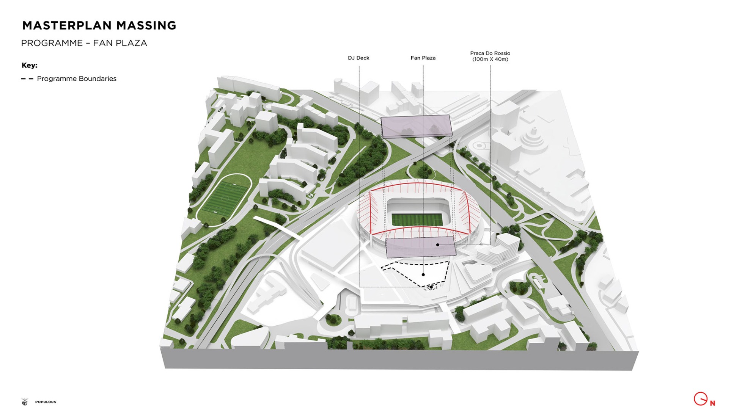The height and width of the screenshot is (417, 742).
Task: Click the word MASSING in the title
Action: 146,25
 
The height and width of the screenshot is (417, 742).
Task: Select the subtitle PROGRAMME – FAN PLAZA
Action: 84,43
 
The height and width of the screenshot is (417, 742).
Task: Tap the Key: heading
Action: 30,65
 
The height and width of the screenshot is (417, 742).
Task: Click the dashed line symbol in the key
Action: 27,79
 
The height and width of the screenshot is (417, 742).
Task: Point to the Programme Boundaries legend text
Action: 77,79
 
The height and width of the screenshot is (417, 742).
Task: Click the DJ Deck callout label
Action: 358,58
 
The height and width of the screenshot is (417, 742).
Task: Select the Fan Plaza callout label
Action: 423,58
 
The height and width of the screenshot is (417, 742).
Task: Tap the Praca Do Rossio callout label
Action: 490,53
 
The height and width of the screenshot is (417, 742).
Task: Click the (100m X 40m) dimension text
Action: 490,60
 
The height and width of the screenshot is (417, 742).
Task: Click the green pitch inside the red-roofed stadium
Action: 417,219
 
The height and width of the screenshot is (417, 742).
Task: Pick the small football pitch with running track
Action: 225,199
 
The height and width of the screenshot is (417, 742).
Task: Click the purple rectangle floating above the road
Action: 416,126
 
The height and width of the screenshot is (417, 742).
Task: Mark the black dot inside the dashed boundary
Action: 423,274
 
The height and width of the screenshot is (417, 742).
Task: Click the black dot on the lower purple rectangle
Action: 438,245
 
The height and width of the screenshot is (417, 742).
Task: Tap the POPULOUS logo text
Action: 46,402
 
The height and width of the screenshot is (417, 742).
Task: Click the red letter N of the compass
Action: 712,403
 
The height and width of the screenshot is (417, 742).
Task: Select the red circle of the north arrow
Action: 700,399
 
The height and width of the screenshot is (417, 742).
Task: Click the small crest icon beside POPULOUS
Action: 25,402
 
